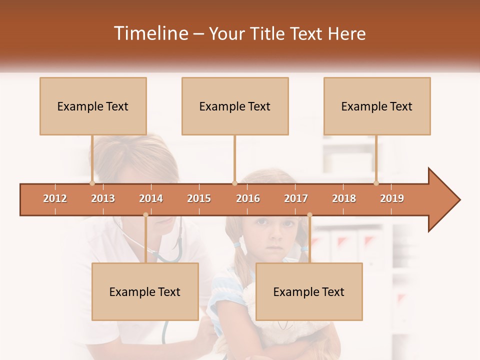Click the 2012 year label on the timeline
point(55,198)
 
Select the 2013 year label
point(103,198)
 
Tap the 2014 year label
point(151,198)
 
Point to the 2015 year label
point(199,198)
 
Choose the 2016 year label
point(248,198)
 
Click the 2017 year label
point(296,198)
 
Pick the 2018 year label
point(344,198)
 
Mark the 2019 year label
point(392,198)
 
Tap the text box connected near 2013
point(93,106)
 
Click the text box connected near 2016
point(235,106)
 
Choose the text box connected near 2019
point(377,106)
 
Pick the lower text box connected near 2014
point(145,291)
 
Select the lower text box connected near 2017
point(309,291)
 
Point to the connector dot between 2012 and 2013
point(92,183)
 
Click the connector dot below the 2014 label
point(145,215)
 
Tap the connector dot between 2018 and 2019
point(376,183)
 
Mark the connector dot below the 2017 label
point(309,215)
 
